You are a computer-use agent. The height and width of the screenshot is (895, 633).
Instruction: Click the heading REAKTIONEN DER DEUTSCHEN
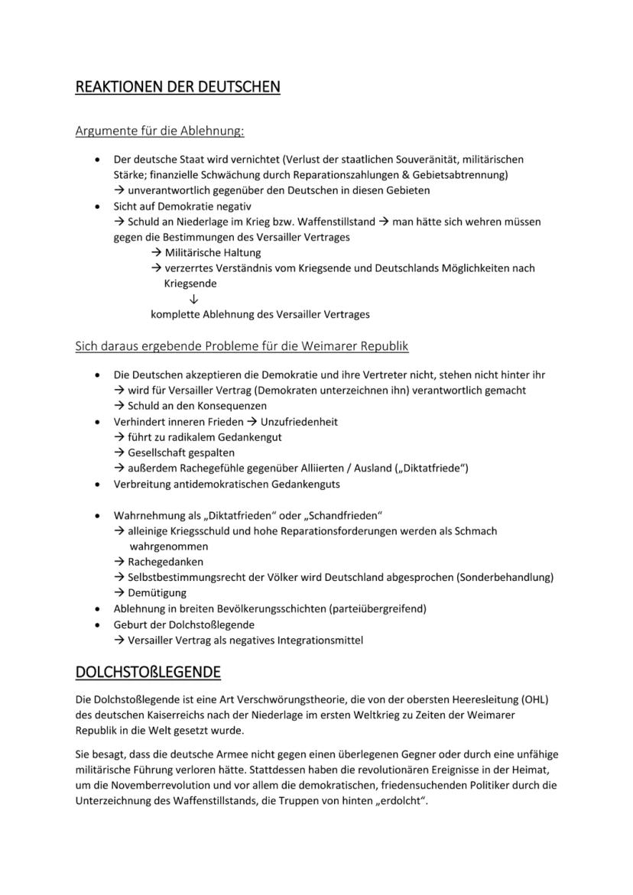coord(177,87)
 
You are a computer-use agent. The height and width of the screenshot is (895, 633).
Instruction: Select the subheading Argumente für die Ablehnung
coord(159,131)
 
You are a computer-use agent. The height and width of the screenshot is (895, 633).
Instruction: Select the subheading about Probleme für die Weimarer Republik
coord(242,346)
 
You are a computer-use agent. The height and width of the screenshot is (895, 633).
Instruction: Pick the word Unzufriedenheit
coord(299,421)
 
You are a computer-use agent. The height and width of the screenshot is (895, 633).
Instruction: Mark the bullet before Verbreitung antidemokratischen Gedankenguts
coord(96,484)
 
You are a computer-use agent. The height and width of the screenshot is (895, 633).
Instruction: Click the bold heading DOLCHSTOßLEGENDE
coord(148,672)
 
